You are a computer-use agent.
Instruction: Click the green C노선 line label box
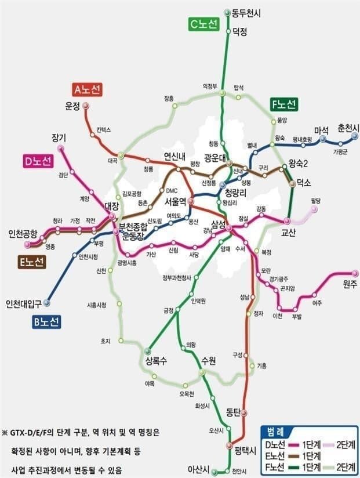pyautogui.click(x=203, y=24)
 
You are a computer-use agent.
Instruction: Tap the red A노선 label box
pyautogui.click(x=88, y=89)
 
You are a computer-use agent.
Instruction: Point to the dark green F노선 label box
pyautogui.click(x=284, y=104)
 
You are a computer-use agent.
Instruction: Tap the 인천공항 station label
pyautogui.click(x=23, y=234)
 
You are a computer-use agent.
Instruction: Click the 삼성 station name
pyautogui.click(x=219, y=224)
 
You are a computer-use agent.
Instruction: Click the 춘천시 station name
pyautogui.click(x=348, y=128)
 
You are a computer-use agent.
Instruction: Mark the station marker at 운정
pyautogui.click(x=85, y=106)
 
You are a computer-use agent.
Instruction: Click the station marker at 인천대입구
pyautogui.click(x=47, y=302)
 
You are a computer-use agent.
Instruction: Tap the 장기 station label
pyautogui.click(x=59, y=137)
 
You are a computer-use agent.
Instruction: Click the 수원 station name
pyautogui.click(x=208, y=361)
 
